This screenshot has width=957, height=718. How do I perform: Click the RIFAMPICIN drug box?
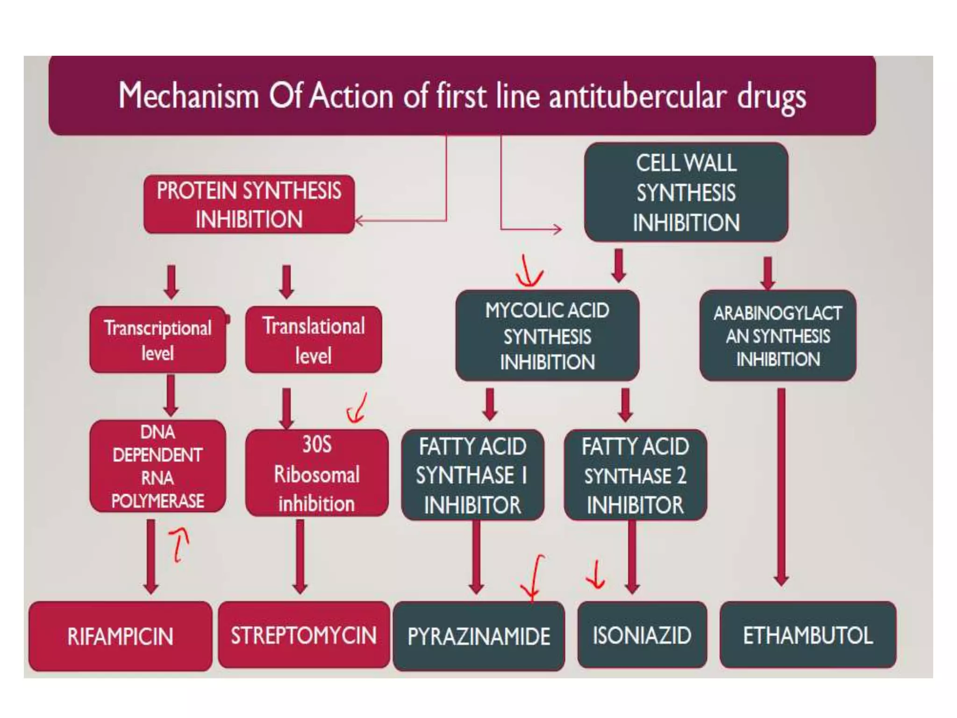[x=120, y=636]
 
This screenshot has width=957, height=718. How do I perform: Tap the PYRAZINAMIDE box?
[x=478, y=636]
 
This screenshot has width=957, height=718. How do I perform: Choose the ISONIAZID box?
[x=642, y=635]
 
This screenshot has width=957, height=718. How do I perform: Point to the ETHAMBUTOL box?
[x=807, y=635]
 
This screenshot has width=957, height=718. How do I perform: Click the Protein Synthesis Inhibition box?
[x=249, y=205]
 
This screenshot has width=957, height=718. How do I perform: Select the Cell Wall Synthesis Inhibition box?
[x=686, y=192]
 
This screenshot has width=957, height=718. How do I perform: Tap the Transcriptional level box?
[x=157, y=340]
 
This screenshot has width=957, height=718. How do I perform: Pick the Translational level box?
[x=313, y=340]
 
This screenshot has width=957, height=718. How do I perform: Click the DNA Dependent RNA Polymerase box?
[x=157, y=466]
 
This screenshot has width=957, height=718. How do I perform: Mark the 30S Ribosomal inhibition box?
[x=316, y=473]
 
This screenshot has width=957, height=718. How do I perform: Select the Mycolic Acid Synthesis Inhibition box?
[x=547, y=336]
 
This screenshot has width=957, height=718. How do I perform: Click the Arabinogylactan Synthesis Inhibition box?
[x=778, y=336]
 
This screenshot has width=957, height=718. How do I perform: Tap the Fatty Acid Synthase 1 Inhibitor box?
[x=472, y=475]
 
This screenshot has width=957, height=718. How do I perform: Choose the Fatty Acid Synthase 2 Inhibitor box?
[x=635, y=475]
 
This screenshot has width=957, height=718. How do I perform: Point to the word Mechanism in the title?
[x=188, y=96]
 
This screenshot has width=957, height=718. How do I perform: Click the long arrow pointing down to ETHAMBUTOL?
[x=781, y=486]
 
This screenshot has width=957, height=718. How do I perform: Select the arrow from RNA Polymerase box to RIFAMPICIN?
[x=151, y=556]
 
